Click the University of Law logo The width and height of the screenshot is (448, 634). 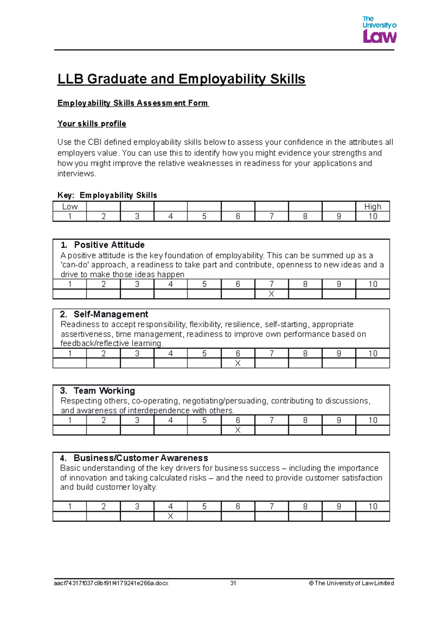(x=379, y=29)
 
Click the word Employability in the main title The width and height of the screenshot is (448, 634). (x=222, y=79)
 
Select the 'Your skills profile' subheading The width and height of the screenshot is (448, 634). (x=91, y=124)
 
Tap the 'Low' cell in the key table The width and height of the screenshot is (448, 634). (x=70, y=206)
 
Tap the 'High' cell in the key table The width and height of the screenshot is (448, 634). (x=373, y=206)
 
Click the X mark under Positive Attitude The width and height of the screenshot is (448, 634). (x=271, y=294)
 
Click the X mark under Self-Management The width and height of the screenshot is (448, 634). (x=238, y=363)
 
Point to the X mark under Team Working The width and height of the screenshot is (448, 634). (x=238, y=430)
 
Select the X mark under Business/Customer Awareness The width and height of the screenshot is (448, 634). (x=171, y=516)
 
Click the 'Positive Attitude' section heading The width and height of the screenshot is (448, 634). (x=109, y=245)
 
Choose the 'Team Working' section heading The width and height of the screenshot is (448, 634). (x=104, y=391)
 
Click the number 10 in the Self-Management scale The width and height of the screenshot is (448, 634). (x=373, y=353)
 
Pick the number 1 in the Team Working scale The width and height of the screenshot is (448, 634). (x=70, y=420)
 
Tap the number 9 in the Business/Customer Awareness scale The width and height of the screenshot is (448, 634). (x=339, y=506)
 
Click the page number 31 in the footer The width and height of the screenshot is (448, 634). (x=233, y=583)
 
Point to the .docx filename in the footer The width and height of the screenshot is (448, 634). (x=111, y=583)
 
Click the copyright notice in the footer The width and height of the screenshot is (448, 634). (x=351, y=583)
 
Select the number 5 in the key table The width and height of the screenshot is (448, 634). (x=204, y=217)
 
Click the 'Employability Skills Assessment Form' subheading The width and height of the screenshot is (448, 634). (x=133, y=103)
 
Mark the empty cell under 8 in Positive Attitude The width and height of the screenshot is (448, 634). (x=305, y=294)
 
